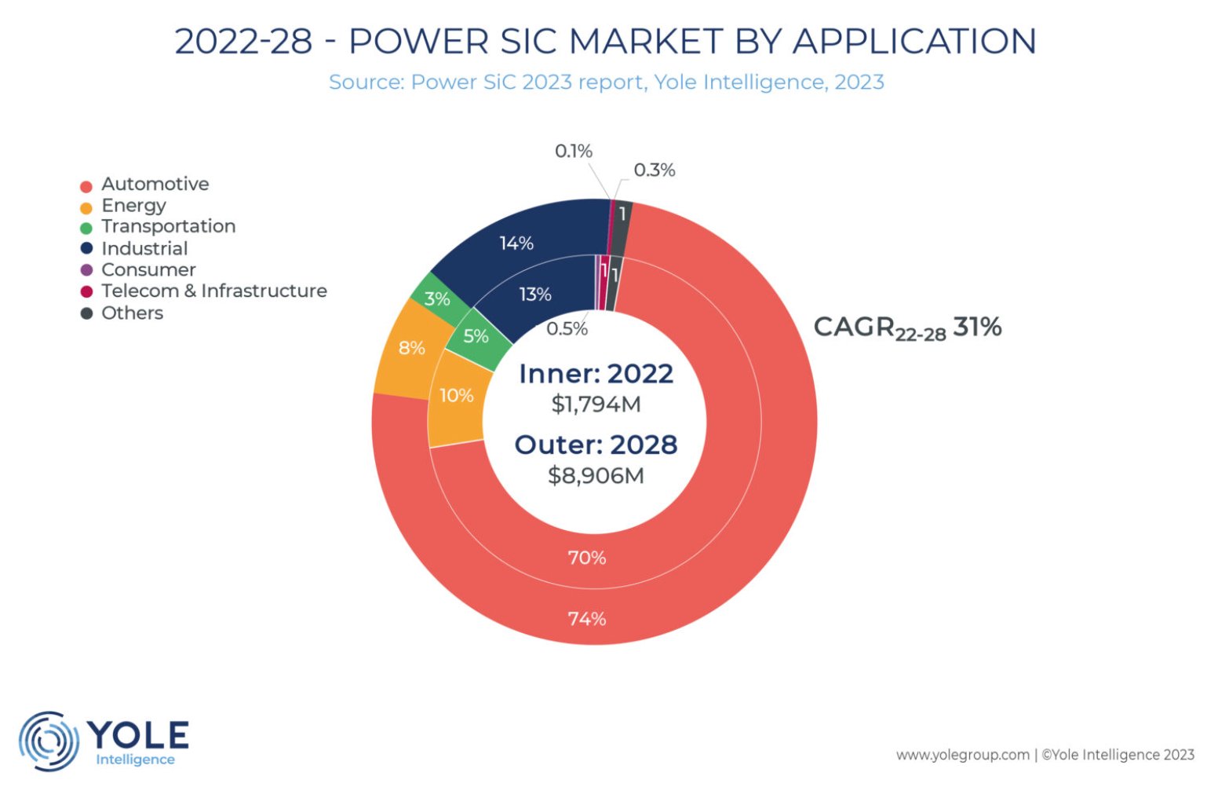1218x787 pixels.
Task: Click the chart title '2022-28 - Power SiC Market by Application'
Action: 605,41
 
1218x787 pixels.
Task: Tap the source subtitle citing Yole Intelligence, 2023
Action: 606,82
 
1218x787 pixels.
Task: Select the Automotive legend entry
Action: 155,184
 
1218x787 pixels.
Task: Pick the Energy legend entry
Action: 133,205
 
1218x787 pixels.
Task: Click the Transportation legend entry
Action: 168,226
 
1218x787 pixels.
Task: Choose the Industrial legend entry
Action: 144,248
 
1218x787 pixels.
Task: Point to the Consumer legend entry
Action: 148,269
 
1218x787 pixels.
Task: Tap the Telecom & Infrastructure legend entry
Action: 213,291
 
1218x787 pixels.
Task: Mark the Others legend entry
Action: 132,313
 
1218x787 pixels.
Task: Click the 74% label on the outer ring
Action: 587,619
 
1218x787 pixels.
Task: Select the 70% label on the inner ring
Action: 587,558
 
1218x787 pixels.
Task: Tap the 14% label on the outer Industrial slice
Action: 516,243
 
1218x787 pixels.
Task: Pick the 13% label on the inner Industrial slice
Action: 534,295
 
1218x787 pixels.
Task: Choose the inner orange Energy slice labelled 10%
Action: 456,396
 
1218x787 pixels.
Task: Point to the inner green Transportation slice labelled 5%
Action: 476,337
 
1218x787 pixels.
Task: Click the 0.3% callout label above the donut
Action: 654,170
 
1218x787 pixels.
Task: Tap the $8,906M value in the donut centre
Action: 596,475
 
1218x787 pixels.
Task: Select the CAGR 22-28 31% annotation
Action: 907,328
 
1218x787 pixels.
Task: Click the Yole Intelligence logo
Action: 104,741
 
